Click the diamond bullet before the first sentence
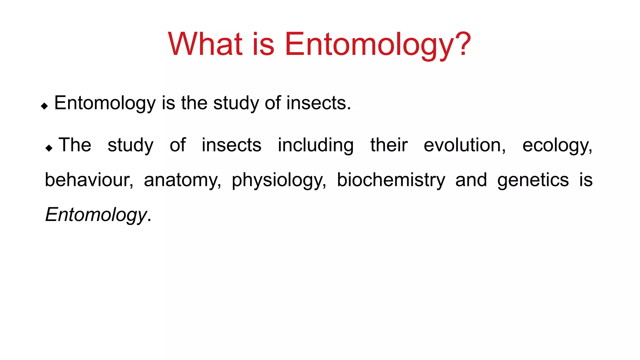[44, 106]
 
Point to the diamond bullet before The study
[49, 148]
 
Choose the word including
[316, 146]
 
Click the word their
[389, 145]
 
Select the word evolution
[464, 145]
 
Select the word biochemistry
[391, 180]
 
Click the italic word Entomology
[96, 215]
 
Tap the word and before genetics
[471, 180]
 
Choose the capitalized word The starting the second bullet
[75, 145]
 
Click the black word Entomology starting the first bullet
[105, 103]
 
